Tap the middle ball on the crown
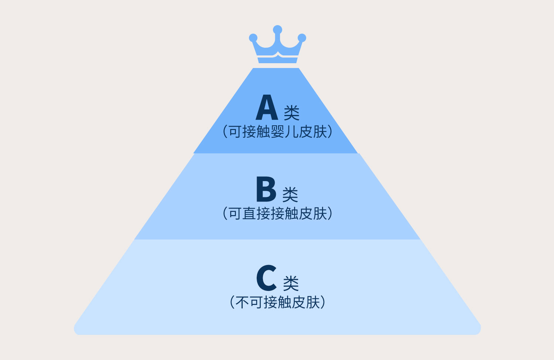point(277,30)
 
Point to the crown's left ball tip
point(253,38)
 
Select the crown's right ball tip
point(302,38)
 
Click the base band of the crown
point(277,60)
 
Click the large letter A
point(267,108)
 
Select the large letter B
point(266,189)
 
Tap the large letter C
point(266,278)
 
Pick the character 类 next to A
point(291,112)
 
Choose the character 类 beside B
point(290,194)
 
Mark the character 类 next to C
point(291,283)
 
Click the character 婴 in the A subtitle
point(277,132)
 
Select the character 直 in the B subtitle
point(249,214)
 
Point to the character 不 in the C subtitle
point(242,302)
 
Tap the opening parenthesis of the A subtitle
point(225,132)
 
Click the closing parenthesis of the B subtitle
point(330,214)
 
